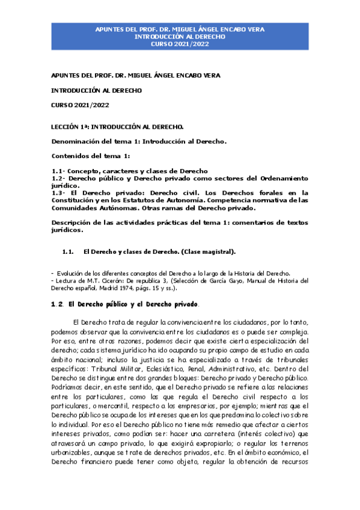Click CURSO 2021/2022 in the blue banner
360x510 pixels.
(x=180, y=45)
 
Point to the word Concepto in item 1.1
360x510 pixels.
(x=86, y=171)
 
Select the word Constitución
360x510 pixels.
(x=78, y=200)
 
